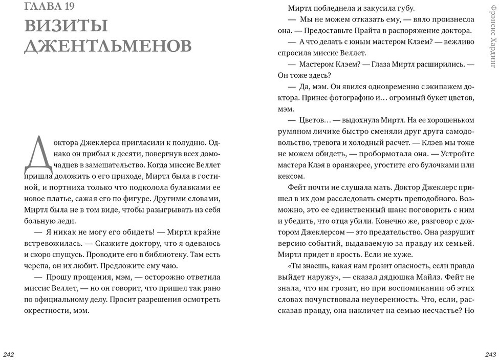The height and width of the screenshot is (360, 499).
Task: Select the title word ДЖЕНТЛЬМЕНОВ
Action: (107, 46)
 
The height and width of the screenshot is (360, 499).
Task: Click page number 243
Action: (490, 354)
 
